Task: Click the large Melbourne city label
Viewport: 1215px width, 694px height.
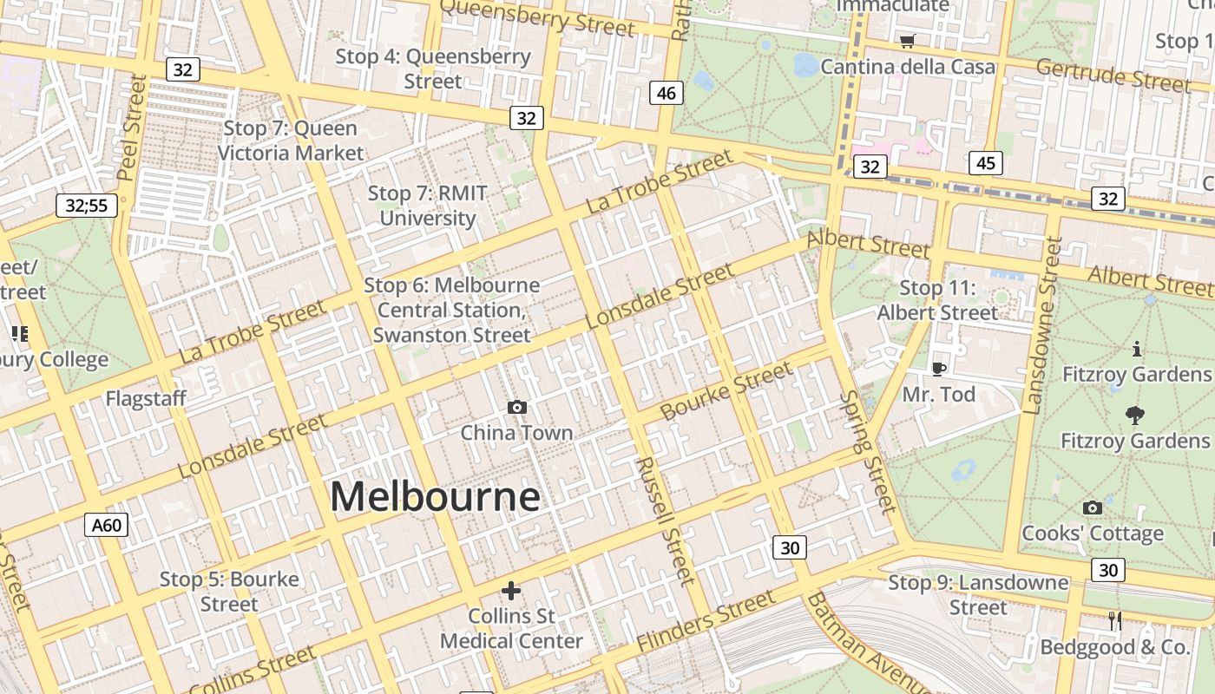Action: [x=435, y=497]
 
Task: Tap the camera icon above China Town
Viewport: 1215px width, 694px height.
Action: [x=517, y=407]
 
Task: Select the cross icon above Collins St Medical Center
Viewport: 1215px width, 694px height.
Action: [x=511, y=591]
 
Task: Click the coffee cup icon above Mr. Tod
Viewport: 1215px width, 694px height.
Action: [x=938, y=369]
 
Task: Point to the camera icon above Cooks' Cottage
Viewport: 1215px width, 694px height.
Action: [x=1093, y=507]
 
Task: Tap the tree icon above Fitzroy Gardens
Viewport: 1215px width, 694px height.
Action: [x=1134, y=416]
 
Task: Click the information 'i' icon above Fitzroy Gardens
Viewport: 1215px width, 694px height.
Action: [x=1137, y=349]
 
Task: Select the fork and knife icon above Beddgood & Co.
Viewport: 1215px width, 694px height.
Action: [x=1115, y=620]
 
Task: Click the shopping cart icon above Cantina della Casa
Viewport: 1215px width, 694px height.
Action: [x=908, y=41]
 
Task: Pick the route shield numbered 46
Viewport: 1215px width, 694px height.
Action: [x=667, y=93]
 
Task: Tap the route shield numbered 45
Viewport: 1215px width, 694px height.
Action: [x=986, y=162]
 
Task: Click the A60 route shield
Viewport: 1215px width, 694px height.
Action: [x=108, y=524]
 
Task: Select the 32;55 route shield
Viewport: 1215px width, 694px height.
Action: [x=87, y=206]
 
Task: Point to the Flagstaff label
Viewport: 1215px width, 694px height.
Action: [x=146, y=399]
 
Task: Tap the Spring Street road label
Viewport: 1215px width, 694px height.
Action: [x=866, y=451]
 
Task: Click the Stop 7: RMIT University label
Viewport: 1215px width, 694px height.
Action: [x=427, y=206]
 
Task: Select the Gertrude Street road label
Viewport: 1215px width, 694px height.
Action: [x=1113, y=75]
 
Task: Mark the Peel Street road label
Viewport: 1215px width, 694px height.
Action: [x=133, y=128]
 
